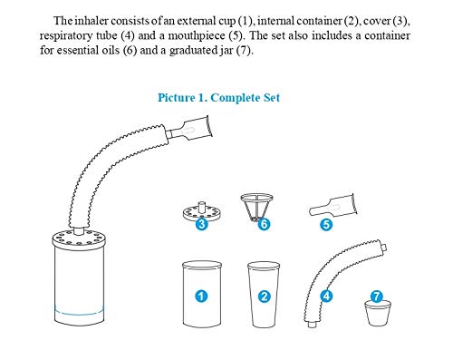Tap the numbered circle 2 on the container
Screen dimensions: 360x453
click(264, 296)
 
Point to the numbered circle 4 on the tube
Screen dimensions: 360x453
click(325, 295)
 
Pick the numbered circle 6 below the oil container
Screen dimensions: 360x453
click(263, 223)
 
